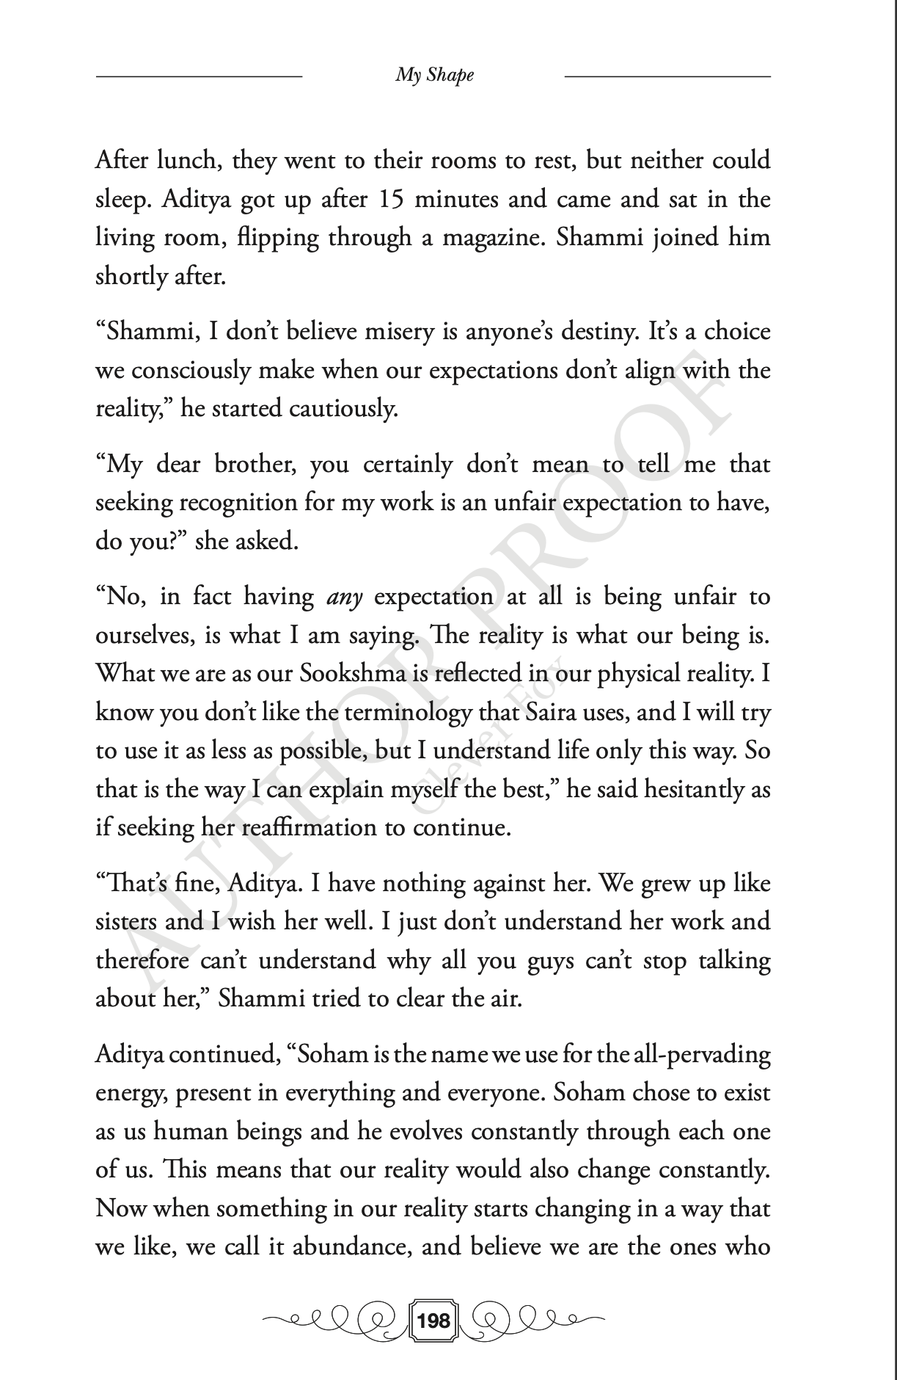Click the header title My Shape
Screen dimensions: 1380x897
(x=434, y=75)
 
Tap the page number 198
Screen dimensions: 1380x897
(x=434, y=1321)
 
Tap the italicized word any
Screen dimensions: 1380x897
(x=344, y=598)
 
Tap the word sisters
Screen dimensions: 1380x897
(x=124, y=921)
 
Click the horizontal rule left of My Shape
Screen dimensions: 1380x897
(x=199, y=76)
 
